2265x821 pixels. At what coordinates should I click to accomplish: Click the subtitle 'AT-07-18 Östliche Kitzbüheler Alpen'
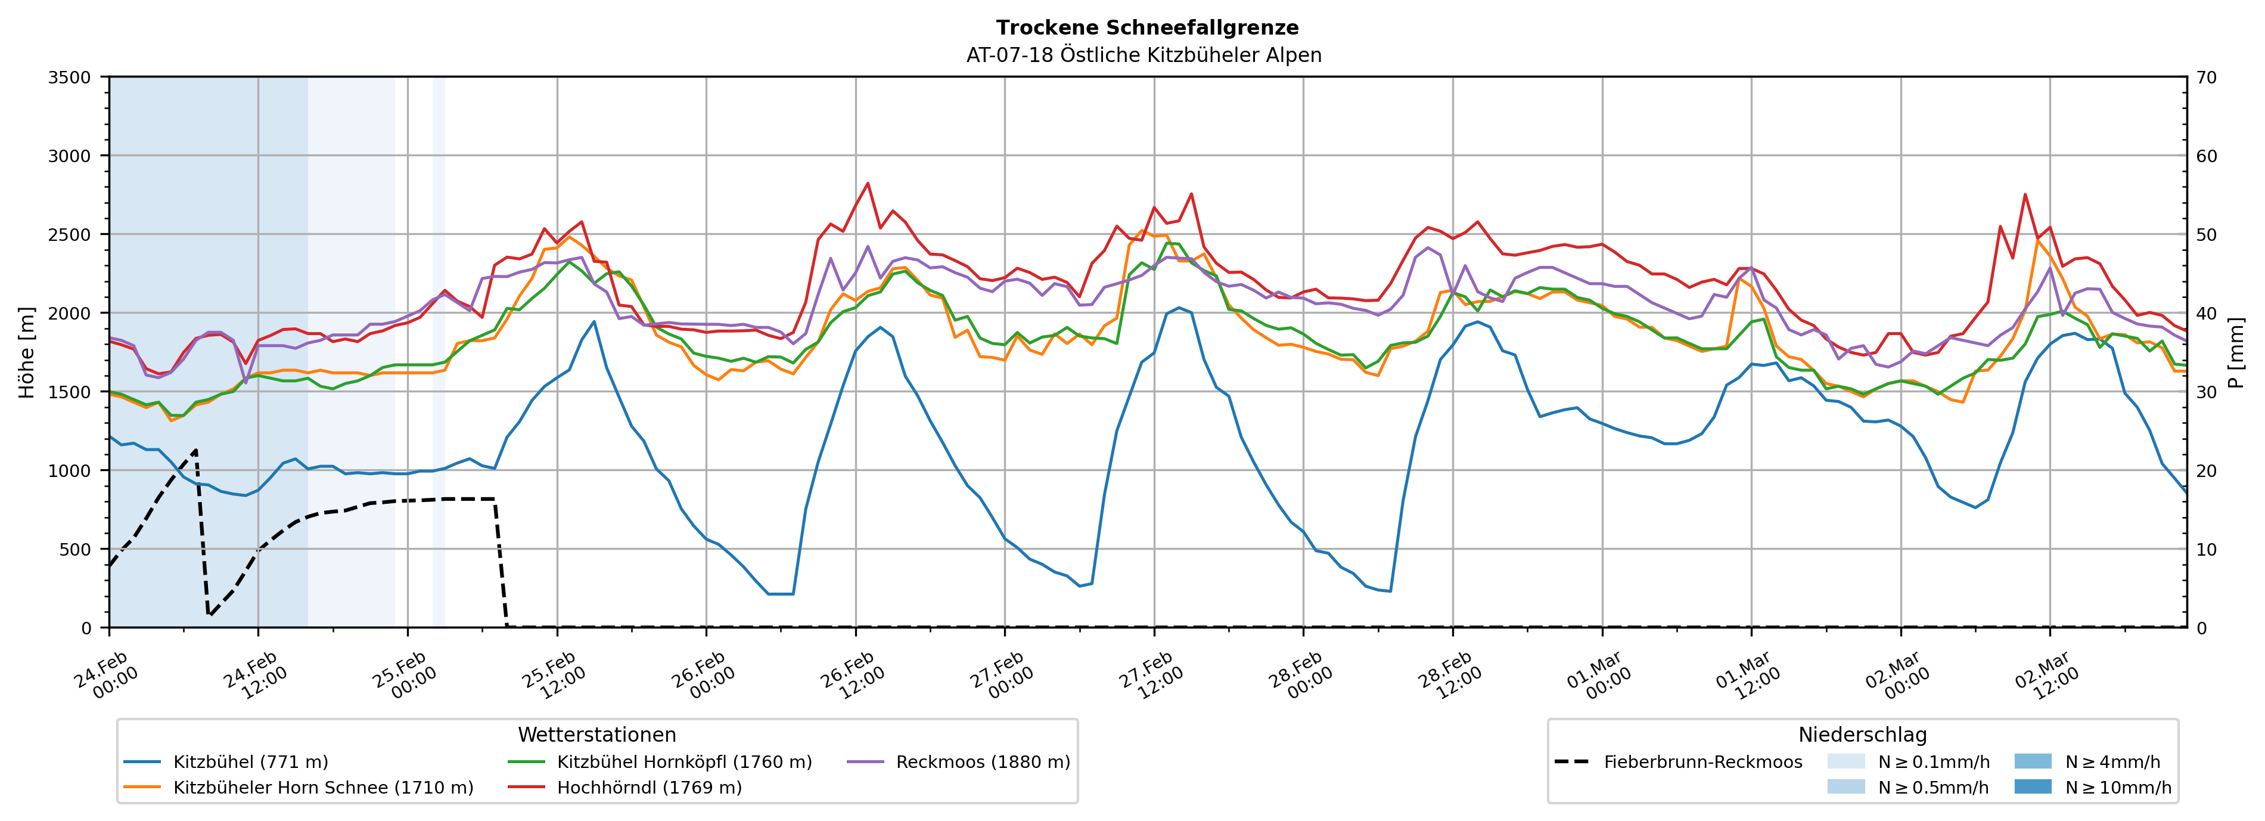[1143, 55]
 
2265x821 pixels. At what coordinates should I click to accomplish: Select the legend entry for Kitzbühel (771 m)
[251, 762]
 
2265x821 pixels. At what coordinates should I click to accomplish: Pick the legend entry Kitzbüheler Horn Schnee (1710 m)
[323, 788]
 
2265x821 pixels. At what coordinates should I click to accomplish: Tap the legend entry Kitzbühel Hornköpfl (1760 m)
[684, 762]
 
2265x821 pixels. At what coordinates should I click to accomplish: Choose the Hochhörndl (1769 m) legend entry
[649, 788]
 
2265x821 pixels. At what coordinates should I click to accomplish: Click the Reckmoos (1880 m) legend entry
[982, 762]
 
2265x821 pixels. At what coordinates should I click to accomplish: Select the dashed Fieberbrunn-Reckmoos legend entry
[1702, 762]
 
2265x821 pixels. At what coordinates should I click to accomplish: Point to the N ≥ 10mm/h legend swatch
[2032, 786]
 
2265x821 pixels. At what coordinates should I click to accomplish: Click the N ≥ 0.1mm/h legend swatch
[1845, 761]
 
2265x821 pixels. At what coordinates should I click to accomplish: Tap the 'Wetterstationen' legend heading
[597, 735]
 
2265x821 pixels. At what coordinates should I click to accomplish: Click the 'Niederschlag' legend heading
[1862, 735]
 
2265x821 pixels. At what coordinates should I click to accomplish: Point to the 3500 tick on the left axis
[70, 78]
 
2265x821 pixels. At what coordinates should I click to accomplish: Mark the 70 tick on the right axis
[2206, 78]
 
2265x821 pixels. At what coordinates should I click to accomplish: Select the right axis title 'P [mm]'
[2235, 352]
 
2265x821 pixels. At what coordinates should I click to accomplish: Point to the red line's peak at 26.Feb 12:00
[868, 183]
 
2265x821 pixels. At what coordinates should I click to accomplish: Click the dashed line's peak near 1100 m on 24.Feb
[195, 450]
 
